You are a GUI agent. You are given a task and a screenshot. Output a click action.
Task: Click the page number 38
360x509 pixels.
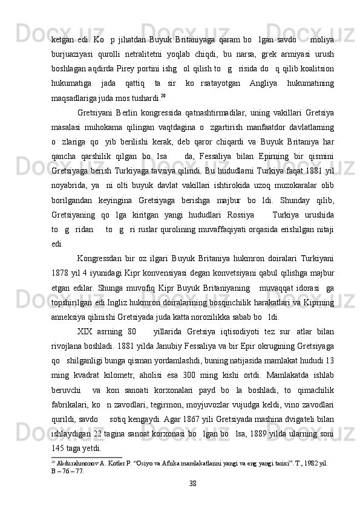(192, 483)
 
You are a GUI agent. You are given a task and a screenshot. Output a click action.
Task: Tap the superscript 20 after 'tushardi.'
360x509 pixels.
(163, 94)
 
